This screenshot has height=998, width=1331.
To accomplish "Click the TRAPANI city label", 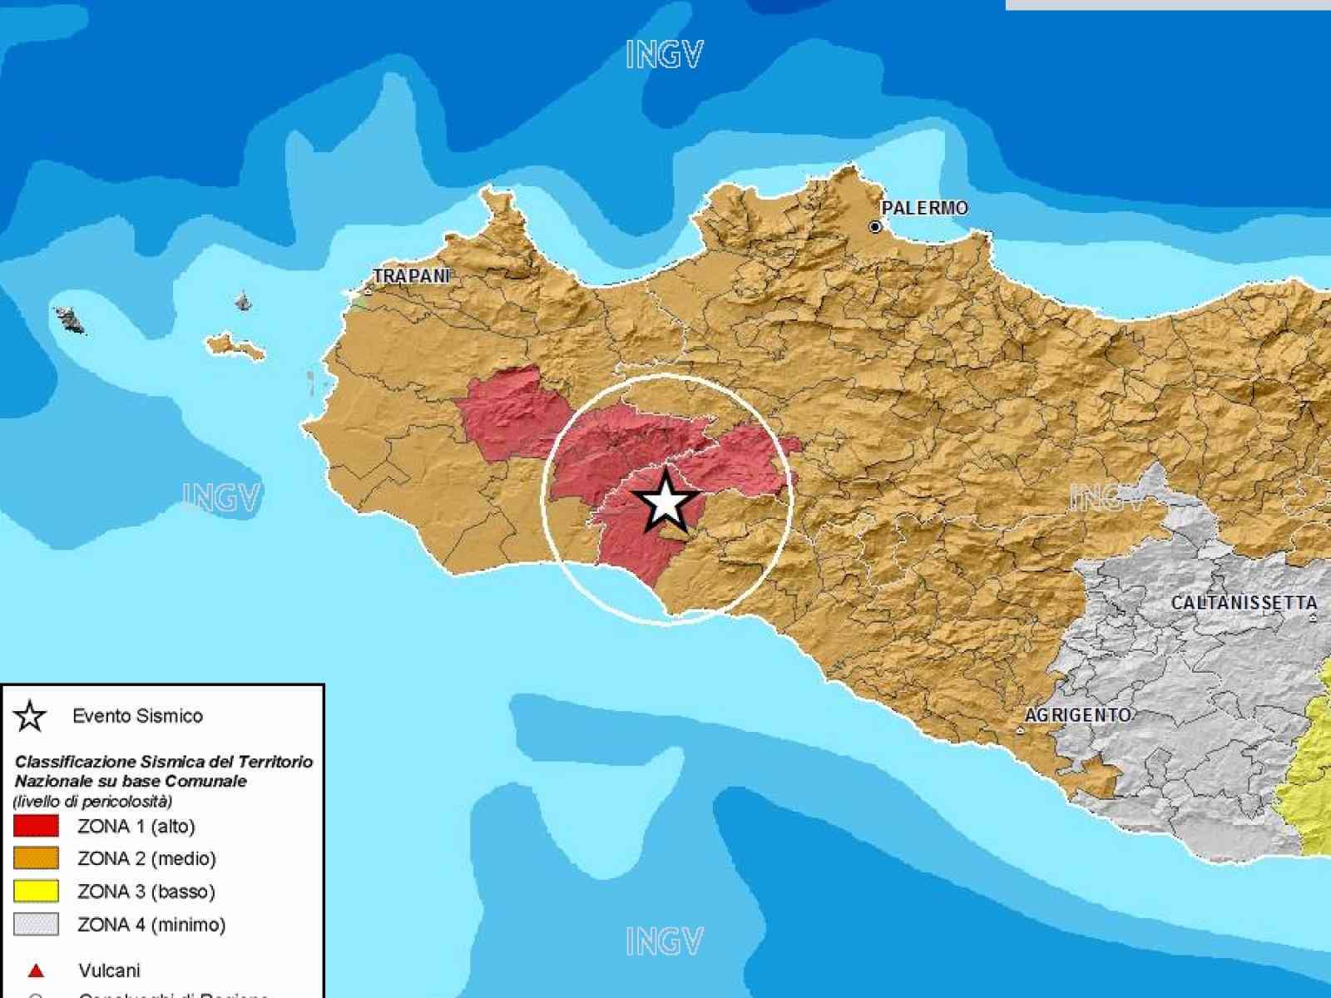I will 411,276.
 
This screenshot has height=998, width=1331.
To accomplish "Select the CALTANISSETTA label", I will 1244,603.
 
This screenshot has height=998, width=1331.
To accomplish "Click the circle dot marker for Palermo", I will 875,226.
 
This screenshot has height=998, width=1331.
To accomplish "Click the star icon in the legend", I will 31,716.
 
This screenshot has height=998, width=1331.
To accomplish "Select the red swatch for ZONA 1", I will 36,826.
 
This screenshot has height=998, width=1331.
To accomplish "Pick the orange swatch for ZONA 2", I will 36,858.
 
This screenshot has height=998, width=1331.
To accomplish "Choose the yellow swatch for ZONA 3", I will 36,892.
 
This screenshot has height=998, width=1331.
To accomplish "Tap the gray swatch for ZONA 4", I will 36,924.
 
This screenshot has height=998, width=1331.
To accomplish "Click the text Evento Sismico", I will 137,716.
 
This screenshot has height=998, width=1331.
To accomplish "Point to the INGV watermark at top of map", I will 664,56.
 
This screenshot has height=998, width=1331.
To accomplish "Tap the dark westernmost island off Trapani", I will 70,319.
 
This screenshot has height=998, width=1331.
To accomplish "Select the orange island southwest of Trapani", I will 235,345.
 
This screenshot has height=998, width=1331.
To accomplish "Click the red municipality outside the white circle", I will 509,413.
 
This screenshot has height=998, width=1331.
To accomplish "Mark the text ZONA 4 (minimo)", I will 151,924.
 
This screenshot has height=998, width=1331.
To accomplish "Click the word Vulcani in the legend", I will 109,971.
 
